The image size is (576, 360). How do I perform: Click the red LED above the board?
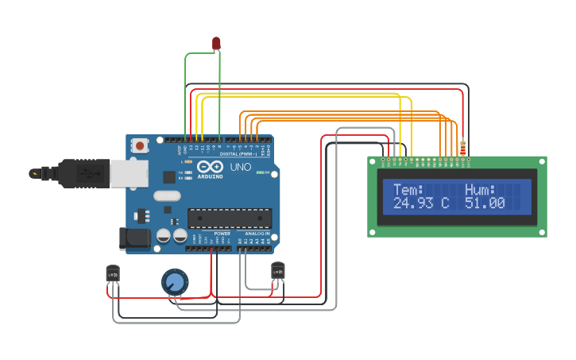pos(216,43)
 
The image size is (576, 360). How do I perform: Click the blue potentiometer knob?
pos(175,281)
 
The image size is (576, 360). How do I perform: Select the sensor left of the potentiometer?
pos(113,273)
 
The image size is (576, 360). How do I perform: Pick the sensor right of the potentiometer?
pos(277,271)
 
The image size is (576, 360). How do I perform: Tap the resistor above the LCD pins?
pos(463,148)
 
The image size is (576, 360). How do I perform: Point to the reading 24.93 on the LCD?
pos(414,203)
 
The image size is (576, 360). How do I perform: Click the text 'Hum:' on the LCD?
pos(480,190)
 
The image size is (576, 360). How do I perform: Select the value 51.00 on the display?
pos(485,203)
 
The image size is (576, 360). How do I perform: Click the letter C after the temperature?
pos(445,203)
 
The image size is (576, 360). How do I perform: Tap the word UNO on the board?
pos(240,168)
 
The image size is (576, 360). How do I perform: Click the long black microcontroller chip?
pos(229,218)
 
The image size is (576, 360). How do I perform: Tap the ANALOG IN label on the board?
pos(256,234)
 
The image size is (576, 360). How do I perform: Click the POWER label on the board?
pos(222,234)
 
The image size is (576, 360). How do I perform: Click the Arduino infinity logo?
pos(211,168)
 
